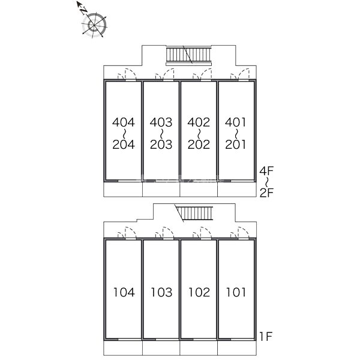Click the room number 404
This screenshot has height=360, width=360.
pos(123,122)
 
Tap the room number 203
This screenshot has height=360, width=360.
pos(161,145)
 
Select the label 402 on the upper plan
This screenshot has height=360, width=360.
pos(199,122)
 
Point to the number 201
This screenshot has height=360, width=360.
pos(235,145)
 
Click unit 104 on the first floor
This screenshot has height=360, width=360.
pos(124,292)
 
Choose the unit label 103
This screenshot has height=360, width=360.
pos(161,292)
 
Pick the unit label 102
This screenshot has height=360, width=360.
pos(199,292)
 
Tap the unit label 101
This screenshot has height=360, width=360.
pos(236,292)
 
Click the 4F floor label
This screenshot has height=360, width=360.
pos(266,171)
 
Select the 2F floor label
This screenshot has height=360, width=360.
pos(266,193)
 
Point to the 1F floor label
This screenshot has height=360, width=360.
pos(266,337)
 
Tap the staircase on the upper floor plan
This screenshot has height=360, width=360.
pos(188,56)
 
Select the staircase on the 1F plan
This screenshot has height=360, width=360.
pos(194,214)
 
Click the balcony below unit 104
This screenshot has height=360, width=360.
pos(123,348)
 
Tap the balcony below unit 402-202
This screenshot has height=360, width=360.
pos(199,189)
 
